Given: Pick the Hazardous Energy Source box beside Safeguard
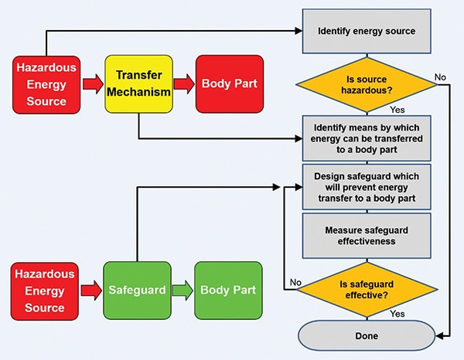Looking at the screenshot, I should click(45, 290).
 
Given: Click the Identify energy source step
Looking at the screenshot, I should click(367, 32).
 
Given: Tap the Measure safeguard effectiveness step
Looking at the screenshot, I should click(367, 235).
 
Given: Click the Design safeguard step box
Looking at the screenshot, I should click(367, 187).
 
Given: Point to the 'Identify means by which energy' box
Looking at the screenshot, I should click(367, 138).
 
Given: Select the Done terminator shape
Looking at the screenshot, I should click(367, 336).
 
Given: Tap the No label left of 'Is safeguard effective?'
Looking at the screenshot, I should click(294, 283).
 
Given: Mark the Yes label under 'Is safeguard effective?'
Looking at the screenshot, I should click(397, 314).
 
